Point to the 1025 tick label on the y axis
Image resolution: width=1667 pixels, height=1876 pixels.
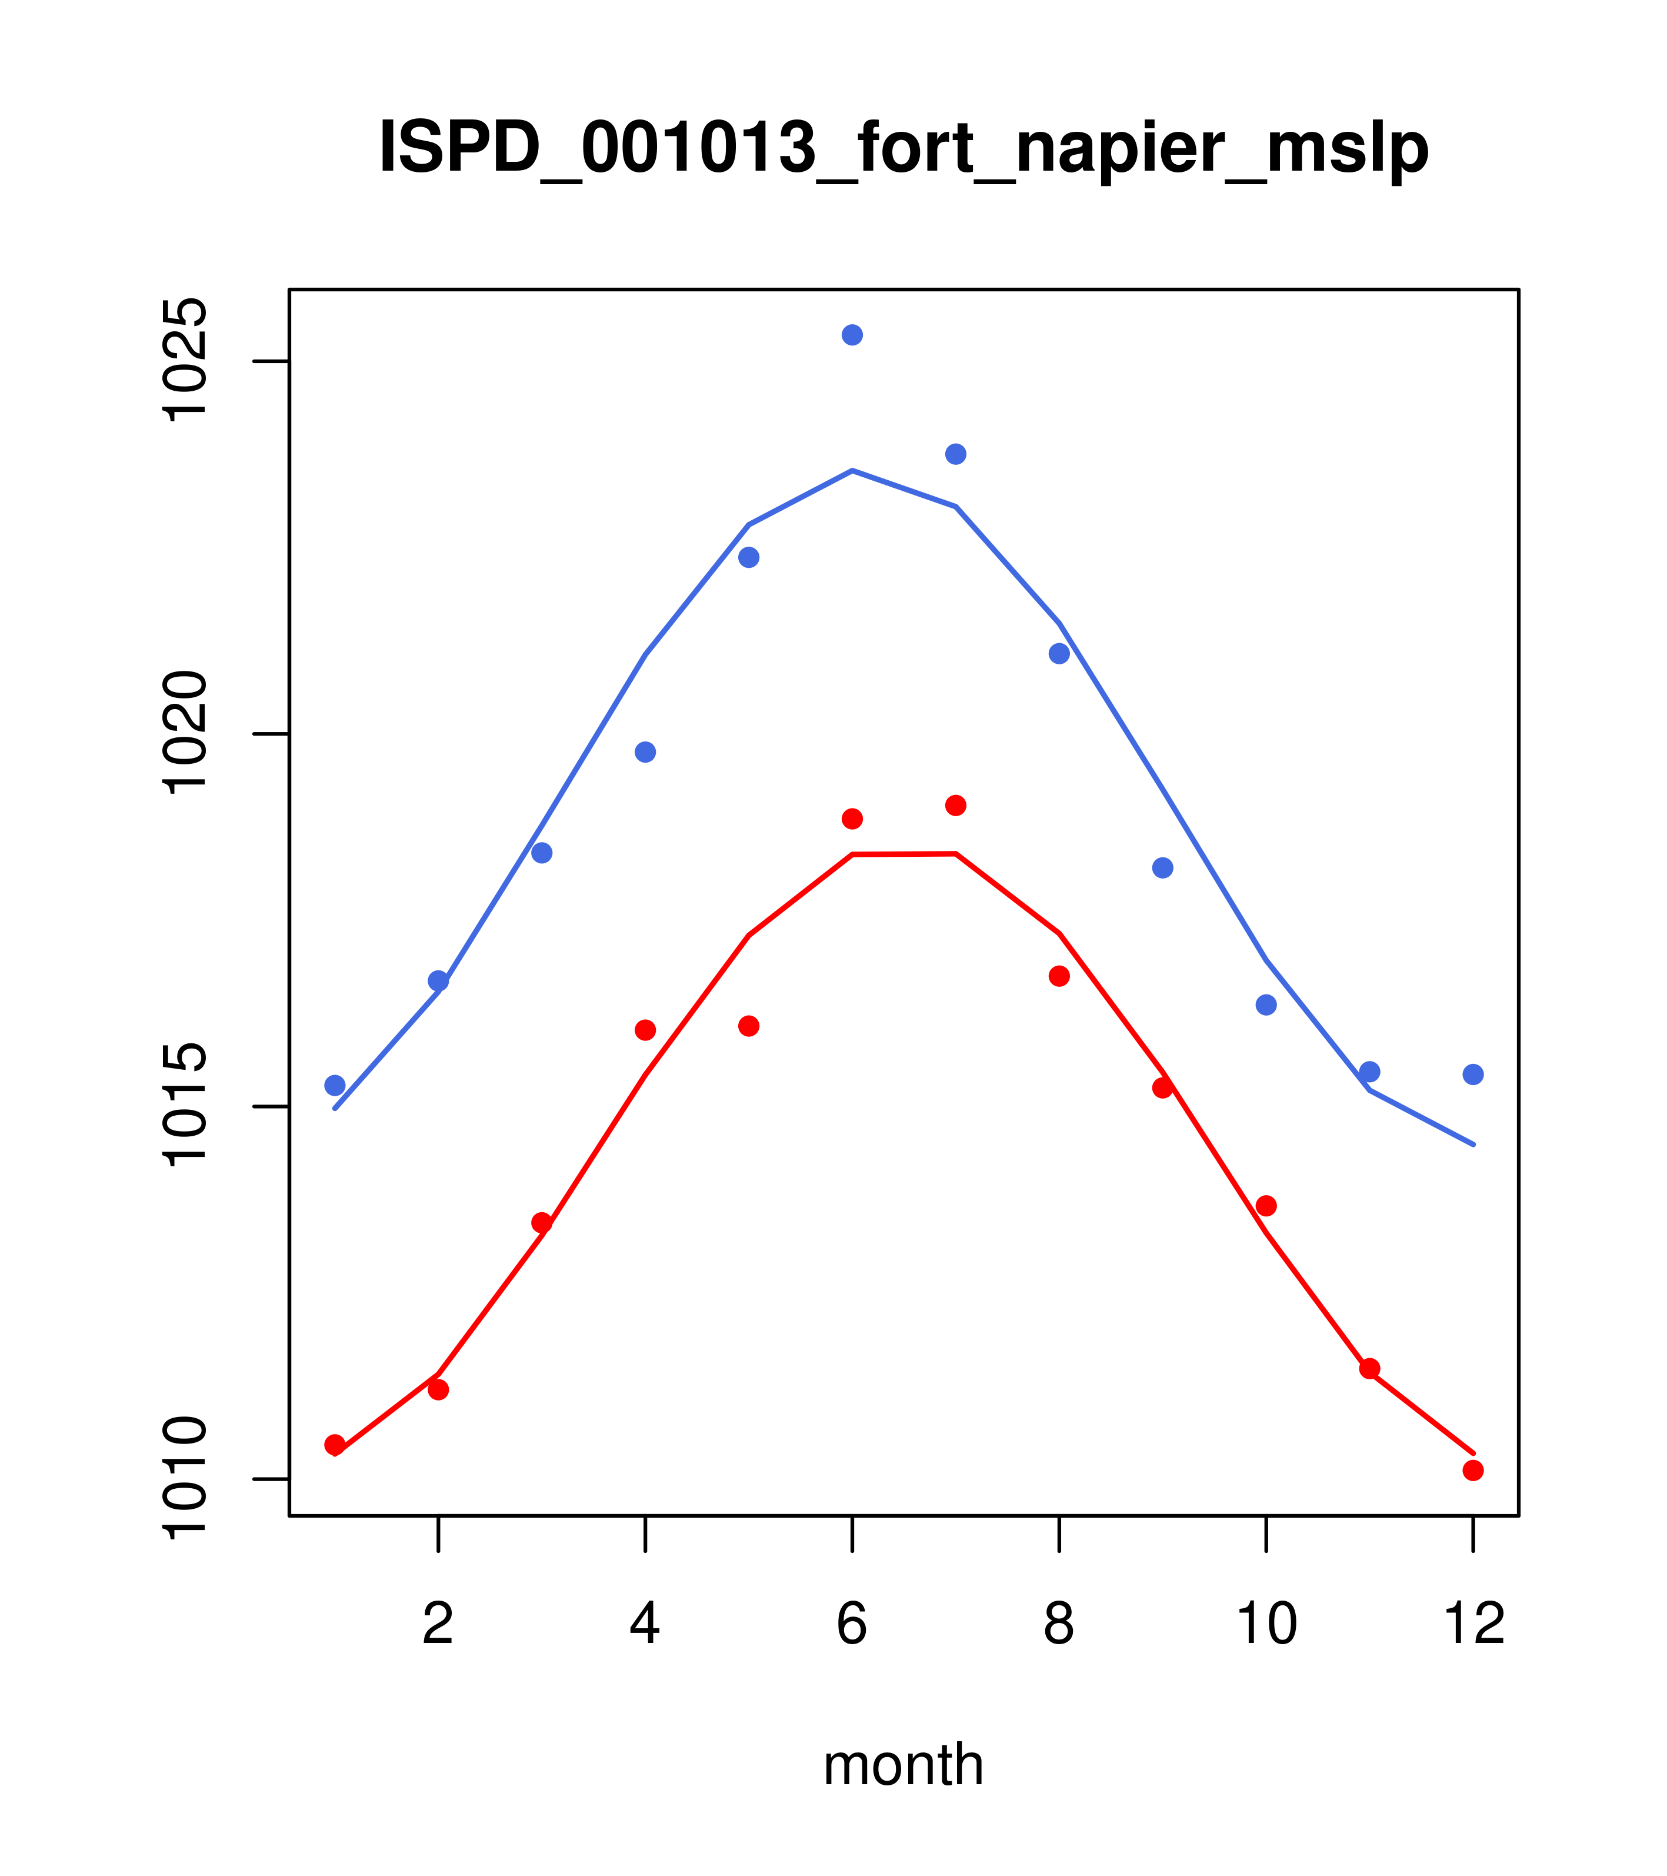[x=184, y=361]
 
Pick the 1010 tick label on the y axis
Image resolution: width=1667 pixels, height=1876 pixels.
[x=184, y=1479]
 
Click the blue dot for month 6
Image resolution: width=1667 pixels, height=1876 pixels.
[x=852, y=335]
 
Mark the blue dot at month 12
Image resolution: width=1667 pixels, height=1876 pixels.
[x=1473, y=1074]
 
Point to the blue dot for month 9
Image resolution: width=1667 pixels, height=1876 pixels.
[x=1162, y=867]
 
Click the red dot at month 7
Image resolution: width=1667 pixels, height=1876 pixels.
[x=956, y=805]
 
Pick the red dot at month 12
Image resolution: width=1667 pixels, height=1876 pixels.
[x=1473, y=1471]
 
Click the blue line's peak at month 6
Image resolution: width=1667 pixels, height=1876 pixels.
[x=852, y=471]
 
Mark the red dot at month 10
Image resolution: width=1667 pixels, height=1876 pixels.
[x=1266, y=1205]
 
